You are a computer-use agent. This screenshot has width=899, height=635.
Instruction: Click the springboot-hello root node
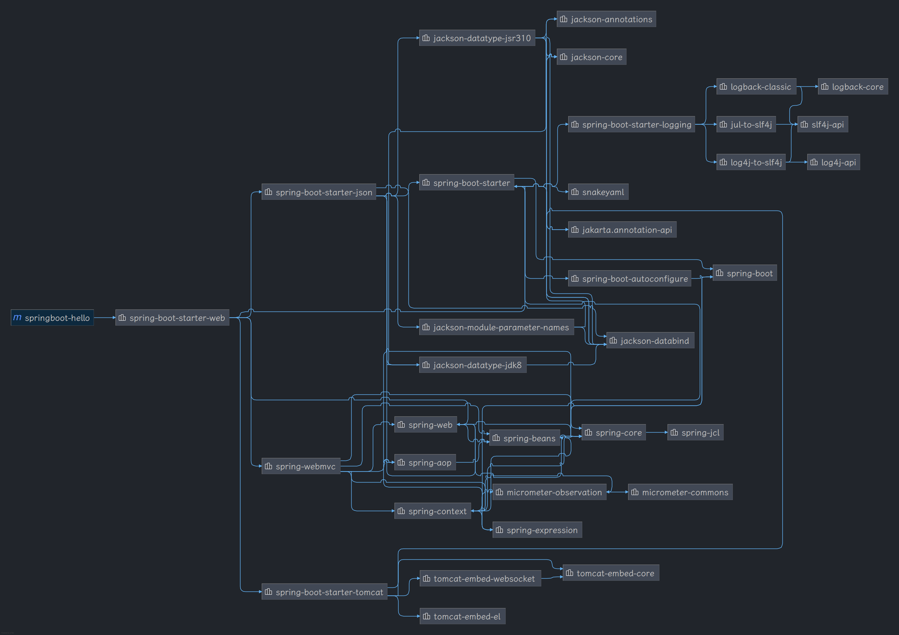point(52,318)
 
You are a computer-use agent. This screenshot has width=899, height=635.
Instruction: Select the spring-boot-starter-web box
point(172,318)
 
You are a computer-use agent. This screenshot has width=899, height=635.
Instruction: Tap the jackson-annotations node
point(606,19)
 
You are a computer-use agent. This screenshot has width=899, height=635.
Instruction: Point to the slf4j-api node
point(822,124)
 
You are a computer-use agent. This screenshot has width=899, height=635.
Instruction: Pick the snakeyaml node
point(598,192)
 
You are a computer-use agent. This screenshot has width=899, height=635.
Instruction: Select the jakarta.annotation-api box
point(622,230)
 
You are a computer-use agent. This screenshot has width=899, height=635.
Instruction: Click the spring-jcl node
point(695,433)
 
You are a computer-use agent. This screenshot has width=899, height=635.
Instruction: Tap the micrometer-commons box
point(680,492)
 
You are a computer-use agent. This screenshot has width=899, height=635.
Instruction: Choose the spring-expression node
point(537,530)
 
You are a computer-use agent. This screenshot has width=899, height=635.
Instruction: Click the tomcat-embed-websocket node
point(480,579)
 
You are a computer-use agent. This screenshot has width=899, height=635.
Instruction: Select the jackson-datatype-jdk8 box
point(473,365)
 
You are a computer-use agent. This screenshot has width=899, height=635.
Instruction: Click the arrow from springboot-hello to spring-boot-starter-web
point(104,318)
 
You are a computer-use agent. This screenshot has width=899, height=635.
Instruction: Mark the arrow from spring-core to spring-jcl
point(656,433)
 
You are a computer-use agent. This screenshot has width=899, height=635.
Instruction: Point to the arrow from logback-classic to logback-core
point(807,87)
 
